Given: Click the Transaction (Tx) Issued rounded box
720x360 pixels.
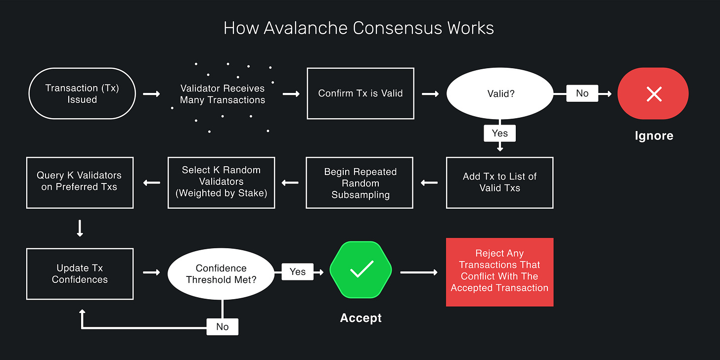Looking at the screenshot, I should click(82, 93).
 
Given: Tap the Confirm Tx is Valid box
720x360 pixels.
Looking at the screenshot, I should click(360, 93).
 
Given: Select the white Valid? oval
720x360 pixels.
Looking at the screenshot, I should click(499, 93).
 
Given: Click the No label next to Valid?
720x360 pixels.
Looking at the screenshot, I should click(582, 93).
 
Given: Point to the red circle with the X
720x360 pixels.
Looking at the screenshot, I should click(653, 93).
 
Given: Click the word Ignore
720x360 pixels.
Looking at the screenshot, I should click(654, 135).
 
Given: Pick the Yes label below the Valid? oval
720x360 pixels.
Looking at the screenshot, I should click(499, 133).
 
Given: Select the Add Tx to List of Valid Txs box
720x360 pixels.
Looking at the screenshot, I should click(499, 182).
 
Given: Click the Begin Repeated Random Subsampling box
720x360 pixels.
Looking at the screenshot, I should click(360, 183).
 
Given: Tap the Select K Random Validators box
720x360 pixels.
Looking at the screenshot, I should click(221, 182).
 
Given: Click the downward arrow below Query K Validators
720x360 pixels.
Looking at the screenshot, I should click(80, 228).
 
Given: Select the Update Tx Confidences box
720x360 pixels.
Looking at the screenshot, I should click(80, 274).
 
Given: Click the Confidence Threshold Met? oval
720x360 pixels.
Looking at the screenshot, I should click(221, 274).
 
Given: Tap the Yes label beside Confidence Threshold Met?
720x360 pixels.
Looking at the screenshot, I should click(297, 271).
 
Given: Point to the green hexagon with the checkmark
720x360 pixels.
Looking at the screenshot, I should click(360, 270).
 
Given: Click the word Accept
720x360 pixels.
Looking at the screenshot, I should click(360, 318).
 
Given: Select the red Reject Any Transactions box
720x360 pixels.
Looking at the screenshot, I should click(499, 272).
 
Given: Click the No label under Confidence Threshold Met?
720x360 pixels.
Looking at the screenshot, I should click(223, 327).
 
